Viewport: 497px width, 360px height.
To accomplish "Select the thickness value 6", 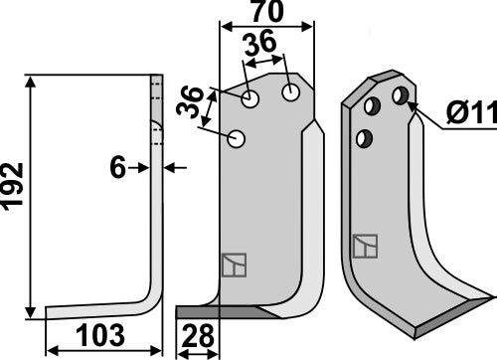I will point(118,169).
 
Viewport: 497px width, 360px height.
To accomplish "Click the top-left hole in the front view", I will point(249,99).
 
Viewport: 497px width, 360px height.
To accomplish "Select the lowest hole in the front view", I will point(237,139).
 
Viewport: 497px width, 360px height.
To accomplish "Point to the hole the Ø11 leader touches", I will point(400,95).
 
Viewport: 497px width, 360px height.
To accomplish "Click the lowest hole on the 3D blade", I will point(365,136).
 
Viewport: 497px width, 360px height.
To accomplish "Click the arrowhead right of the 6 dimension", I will point(169,169).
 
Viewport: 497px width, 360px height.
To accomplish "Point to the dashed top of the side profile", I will point(155,90).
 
